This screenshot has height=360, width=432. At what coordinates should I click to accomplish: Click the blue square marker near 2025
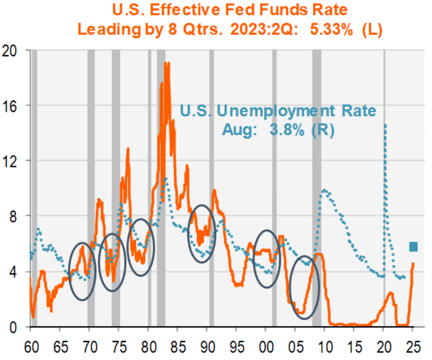(x=413, y=247)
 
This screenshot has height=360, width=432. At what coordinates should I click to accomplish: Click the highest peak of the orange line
(x=167, y=63)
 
